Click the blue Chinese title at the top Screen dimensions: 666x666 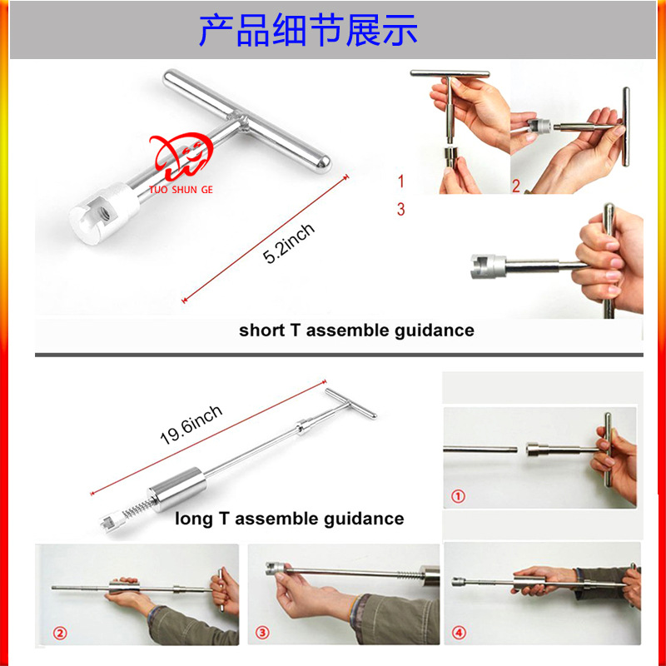click(x=308, y=30)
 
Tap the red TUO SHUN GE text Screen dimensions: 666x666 click(x=181, y=190)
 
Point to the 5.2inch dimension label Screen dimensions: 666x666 click(x=289, y=243)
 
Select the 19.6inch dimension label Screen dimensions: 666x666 click(x=191, y=425)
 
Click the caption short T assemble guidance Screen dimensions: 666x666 click(x=357, y=331)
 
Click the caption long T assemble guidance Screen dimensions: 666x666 click(x=290, y=519)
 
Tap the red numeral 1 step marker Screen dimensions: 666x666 click(x=401, y=181)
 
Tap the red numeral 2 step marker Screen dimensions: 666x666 click(x=516, y=186)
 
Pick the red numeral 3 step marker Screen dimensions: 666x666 click(x=401, y=209)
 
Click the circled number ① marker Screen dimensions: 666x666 click(x=458, y=496)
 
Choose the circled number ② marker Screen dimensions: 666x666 click(x=60, y=634)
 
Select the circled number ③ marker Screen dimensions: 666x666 click(x=262, y=633)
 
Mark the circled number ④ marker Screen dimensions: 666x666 click(x=459, y=633)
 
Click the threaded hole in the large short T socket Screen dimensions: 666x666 click(x=105, y=214)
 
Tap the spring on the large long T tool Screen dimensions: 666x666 click(x=137, y=508)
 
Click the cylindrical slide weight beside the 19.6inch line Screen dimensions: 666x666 click(x=176, y=490)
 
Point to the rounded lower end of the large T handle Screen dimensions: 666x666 click(x=322, y=163)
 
